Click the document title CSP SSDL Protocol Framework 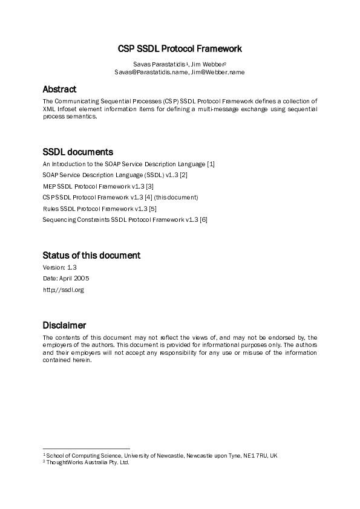click(179, 48)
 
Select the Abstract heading click(59, 89)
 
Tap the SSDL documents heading click(77, 152)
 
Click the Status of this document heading click(91, 255)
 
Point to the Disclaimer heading click(64, 325)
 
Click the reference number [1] click(211, 164)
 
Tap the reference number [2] click(184, 175)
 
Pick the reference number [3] click(149, 186)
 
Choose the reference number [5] click(152, 209)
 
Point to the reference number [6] click(204, 219)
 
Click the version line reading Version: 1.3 click(60, 267)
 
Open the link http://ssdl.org click(63, 290)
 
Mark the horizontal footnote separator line click(86, 449)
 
